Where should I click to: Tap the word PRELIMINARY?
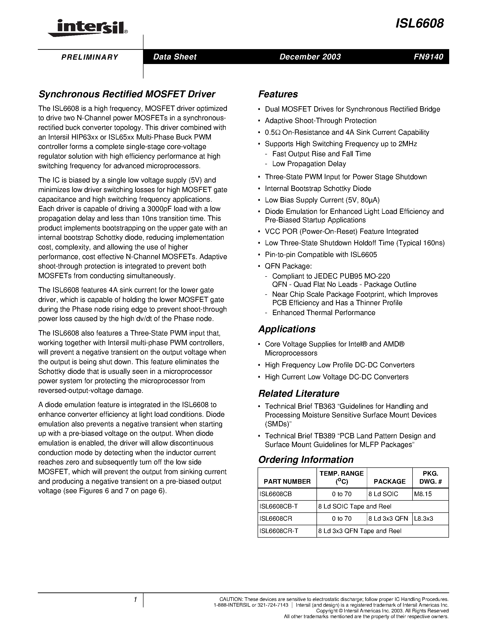pos(90,57)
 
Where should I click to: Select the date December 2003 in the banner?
pos(310,57)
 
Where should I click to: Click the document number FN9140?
pos(428,57)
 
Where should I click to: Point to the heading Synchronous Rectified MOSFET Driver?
pos(127,94)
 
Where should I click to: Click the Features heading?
pos(278,94)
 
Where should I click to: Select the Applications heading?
pos(286,329)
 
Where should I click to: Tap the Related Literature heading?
pos(299,394)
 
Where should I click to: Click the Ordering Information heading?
pos(305,460)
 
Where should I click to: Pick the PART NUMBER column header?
pos(287,481)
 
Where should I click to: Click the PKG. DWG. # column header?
pos(430,477)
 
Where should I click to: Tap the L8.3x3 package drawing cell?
pos(423,519)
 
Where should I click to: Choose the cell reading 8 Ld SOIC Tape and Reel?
pos(355,506)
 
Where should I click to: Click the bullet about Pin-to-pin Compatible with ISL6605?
pos(321,254)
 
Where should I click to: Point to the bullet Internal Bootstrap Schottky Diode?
pos(318,189)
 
